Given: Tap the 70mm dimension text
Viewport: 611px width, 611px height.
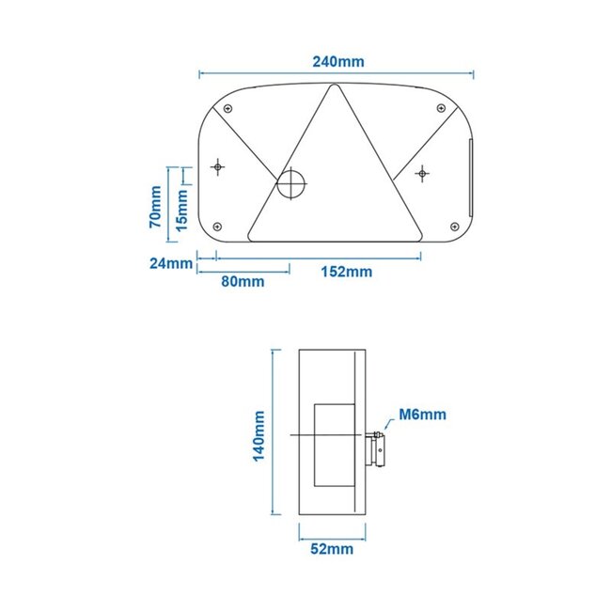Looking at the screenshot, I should (155, 207).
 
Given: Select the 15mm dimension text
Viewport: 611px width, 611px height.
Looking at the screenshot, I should (181, 209).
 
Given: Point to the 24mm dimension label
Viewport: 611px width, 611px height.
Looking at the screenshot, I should (170, 263).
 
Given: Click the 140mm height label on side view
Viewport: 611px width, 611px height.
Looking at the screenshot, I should (260, 432).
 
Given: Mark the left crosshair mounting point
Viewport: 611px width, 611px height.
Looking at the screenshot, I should (218, 166).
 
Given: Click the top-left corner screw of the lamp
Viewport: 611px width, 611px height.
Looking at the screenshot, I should (227, 108).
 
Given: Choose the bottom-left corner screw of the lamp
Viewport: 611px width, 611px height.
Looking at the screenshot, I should (217, 226).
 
